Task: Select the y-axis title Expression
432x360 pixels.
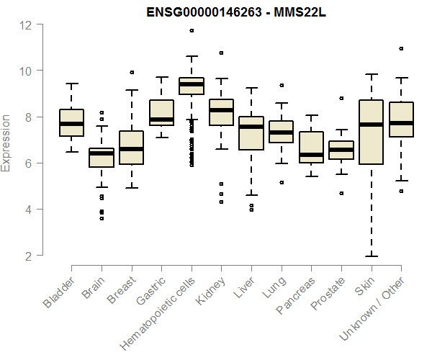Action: coord(6,143)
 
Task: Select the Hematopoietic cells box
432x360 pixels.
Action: coord(191,86)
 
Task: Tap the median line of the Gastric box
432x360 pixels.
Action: coord(161,120)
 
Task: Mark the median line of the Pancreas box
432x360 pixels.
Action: coord(311,154)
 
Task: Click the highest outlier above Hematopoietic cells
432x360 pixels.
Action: coord(191,30)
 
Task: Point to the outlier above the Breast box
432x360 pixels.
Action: coord(131,72)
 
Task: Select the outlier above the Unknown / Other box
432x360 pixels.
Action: coord(401,49)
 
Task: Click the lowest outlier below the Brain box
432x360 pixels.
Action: coord(101,218)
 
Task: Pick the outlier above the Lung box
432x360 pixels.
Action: coord(281,85)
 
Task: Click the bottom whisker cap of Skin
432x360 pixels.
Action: coord(371,256)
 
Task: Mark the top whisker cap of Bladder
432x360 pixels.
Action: coord(71,84)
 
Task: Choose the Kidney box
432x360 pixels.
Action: coord(221,112)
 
